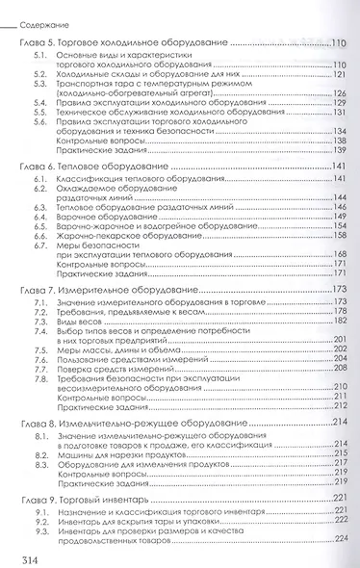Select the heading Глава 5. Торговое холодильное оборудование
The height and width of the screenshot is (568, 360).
125,44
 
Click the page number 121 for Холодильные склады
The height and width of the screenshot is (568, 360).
339,73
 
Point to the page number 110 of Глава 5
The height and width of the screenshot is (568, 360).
338,43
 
